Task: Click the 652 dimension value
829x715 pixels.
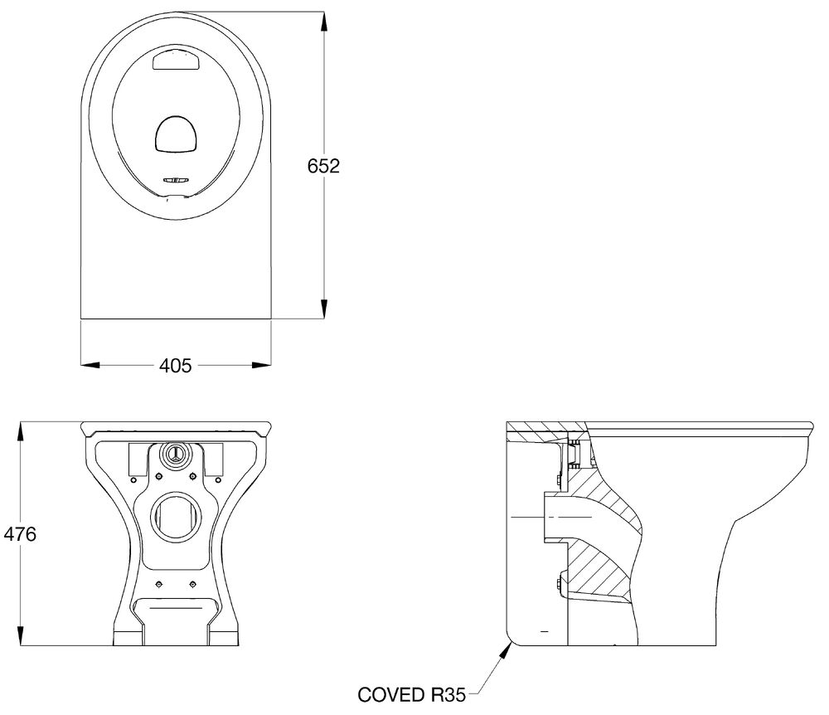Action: point(323,166)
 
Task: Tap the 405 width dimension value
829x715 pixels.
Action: point(176,366)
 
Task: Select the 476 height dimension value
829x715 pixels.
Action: point(20,534)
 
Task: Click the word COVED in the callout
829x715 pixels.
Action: point(392,694)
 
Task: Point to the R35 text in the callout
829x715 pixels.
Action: point(448,694)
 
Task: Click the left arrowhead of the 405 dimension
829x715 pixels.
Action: point(90,365)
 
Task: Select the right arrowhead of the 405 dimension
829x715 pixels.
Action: point(261,365)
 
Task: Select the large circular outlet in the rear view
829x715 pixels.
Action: point(176,517)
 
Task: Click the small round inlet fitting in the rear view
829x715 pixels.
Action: point(175,454)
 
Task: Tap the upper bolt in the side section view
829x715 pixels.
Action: point(559,481)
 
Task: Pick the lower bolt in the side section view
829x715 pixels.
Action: point(560,585)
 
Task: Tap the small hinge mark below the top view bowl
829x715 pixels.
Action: point(176,180)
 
